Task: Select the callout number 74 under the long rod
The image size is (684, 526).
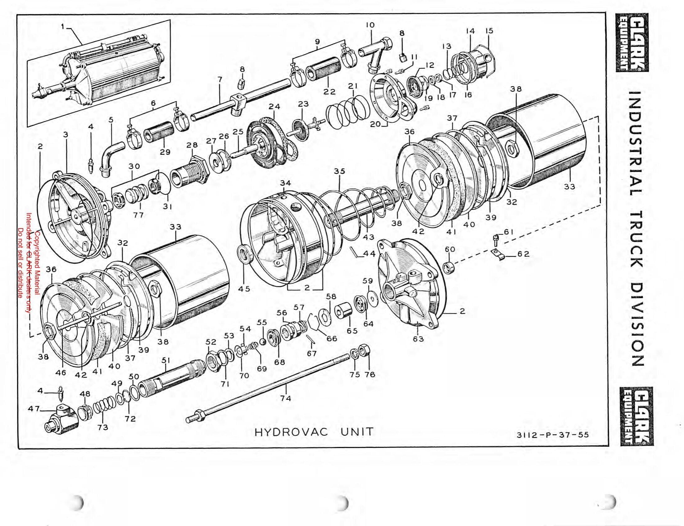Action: point(286,398)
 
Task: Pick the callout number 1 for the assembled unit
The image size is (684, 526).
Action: point(63,27)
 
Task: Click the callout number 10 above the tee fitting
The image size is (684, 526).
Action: point(370,25)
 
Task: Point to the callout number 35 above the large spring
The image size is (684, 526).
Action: point(339,171)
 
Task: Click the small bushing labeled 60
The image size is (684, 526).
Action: point(449,268)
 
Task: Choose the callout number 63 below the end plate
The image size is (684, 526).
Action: point(418,339)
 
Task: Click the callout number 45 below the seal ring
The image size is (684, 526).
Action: point(244,289)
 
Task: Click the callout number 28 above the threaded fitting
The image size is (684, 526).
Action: point(192,146)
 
